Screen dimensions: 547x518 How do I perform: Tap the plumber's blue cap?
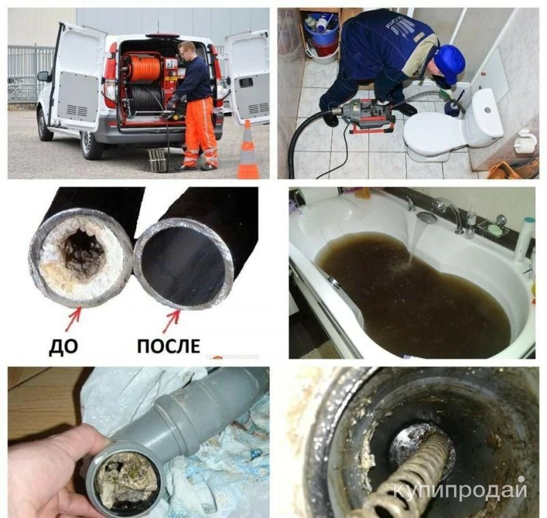point(451,64)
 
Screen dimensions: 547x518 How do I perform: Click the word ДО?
point(64,347)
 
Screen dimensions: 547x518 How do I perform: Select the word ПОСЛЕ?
point(168,346)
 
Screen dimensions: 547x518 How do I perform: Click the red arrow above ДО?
point(73,319)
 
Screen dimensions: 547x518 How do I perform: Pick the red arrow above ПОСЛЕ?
point(172,321)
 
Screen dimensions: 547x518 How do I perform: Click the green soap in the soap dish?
point(495,229)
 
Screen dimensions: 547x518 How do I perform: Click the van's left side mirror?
point(43,77)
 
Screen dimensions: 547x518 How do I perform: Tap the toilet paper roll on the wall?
point(526,141)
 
